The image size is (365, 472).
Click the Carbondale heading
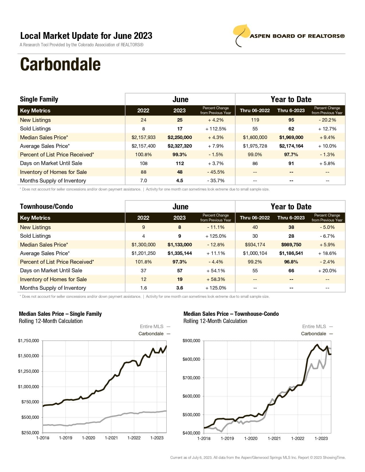click(x=60, y=64)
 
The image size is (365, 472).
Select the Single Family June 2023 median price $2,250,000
click(x=179, y=137)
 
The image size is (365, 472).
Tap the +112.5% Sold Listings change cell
click(x=216, y=129)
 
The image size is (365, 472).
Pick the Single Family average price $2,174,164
click(x=291, y=146)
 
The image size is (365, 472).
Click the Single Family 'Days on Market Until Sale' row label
click(x=51, y=163)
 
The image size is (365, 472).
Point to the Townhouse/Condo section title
click(x=46, y=207)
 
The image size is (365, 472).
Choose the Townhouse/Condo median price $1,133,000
click(x=179, y=245)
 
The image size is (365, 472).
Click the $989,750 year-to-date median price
click(x=291, y=245)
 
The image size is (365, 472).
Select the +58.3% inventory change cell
click(x=216, y=279)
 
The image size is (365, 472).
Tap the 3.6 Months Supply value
click(x=179, y=288)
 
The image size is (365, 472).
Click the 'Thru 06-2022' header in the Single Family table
click(x=254, y=110)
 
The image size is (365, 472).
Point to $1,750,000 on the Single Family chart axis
click(x=28, y=340)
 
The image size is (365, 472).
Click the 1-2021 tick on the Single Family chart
click(x=111, y=438)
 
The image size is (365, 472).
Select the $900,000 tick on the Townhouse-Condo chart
click(x=191, y=340)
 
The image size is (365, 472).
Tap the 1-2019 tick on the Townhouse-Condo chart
click(x=227, y=438)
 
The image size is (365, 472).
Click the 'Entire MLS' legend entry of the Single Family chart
click(x=152, y=326)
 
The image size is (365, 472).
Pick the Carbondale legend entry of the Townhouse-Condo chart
click(x=313, y=334)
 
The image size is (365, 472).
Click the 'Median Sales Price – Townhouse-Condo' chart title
click(x=231, y=314)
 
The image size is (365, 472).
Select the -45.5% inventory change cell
click(x=216, y=172)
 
